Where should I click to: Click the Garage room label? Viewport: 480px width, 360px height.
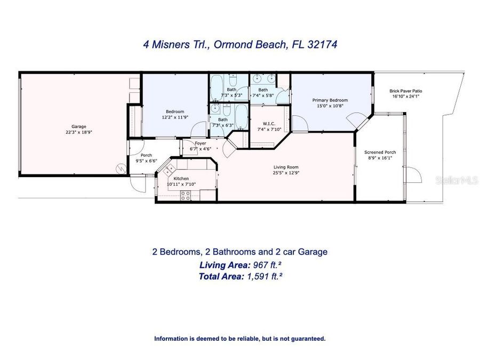click(79, 126)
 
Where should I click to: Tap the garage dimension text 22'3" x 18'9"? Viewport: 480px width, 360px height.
click(79, 132)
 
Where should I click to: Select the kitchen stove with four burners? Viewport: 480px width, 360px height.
click(186, 196)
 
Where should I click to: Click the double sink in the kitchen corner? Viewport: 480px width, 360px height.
click(169, 170)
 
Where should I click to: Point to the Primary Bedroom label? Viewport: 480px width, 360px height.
click(330, 100)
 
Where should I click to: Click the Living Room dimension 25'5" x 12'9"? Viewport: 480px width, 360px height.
click(285, 172)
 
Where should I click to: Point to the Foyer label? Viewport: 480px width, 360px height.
click(201, 143)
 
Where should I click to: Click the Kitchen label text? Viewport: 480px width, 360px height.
click(181, 179)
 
